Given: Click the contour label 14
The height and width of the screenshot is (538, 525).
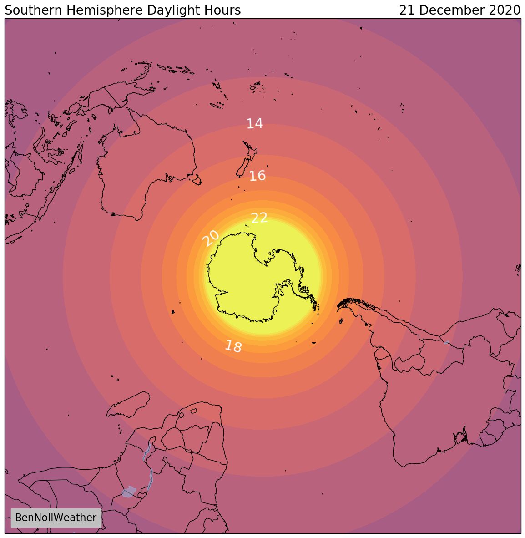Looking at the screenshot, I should coord(255,123).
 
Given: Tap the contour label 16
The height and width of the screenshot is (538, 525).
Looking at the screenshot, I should coord(257,176).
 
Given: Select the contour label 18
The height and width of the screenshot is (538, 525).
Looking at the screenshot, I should coord(233,346).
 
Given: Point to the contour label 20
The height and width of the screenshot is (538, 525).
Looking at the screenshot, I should coord(211,238).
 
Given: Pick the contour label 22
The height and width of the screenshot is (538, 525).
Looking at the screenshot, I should coord(259,218).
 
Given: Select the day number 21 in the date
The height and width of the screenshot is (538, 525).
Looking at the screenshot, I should coord(407,10).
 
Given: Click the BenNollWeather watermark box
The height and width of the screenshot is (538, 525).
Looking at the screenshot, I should coord(56,518).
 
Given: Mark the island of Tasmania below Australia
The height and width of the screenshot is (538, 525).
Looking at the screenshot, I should coord(196,180).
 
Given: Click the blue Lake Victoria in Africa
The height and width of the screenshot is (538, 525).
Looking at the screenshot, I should coord(129,492).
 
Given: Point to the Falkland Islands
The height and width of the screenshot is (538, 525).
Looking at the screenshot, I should coord(341,321).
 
